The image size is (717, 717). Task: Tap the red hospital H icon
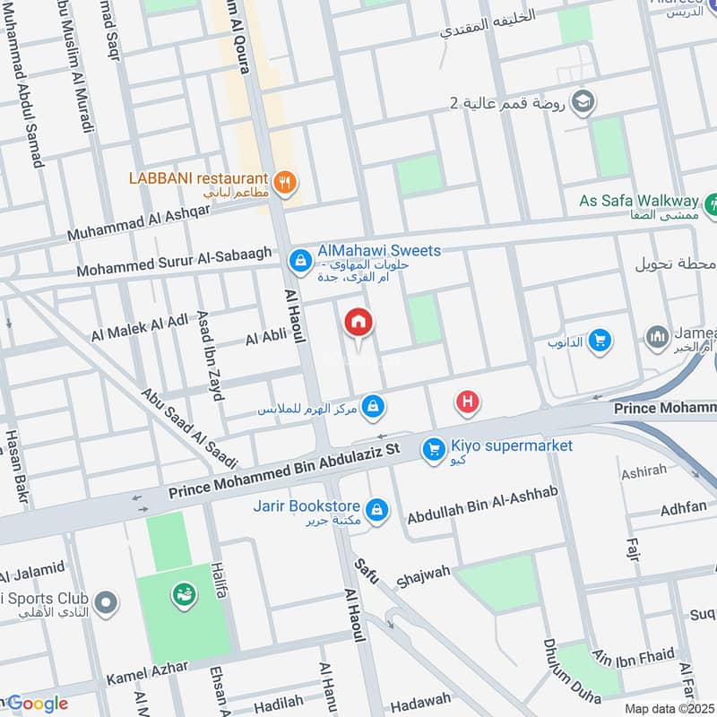tap(466, 402)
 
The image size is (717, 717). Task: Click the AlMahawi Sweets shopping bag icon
tap(299, 261)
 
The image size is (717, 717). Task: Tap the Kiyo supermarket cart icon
tap(434, 448)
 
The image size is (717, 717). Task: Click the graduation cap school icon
tap(582, 100)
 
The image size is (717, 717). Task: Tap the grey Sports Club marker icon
tap(106, 603)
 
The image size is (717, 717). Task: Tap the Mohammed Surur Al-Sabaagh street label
tap(174, 261)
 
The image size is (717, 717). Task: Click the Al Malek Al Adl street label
tap(140, 326)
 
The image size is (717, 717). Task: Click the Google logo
tap(36, 704)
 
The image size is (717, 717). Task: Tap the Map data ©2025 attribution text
tap(669, 708)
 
